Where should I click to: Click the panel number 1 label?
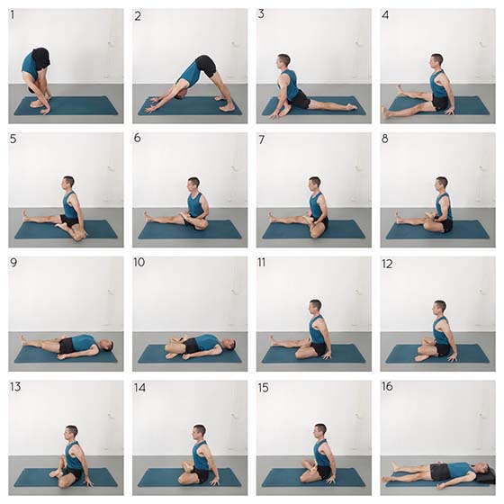click(x=13, y=15)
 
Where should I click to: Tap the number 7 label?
click(x=262, y=139)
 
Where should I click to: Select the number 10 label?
click(x=139, y=262)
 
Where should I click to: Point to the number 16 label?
click(x=387, y=386)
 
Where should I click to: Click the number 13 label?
click(x=15, y=387)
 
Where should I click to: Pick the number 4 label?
click(x=385, y=15)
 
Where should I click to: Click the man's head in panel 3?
click(x=283, y=61)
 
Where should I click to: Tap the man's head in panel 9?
click(x=106, y=345)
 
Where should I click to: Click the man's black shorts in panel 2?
click(x=206, y=66)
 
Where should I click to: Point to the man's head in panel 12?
click(x=439, y=308)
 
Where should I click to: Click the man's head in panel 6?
click(x=193, y=184)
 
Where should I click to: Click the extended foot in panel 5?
click(x=24, y=215)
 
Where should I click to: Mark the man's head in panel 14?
click(x=199, y=432)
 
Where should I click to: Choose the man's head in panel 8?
click(x=441, y=184)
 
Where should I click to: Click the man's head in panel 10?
click(x=229, y=345)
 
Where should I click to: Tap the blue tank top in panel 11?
click(x=317, y=329)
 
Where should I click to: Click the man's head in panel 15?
click(x=320, y=431)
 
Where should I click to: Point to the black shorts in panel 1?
click(x=41, y=58)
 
